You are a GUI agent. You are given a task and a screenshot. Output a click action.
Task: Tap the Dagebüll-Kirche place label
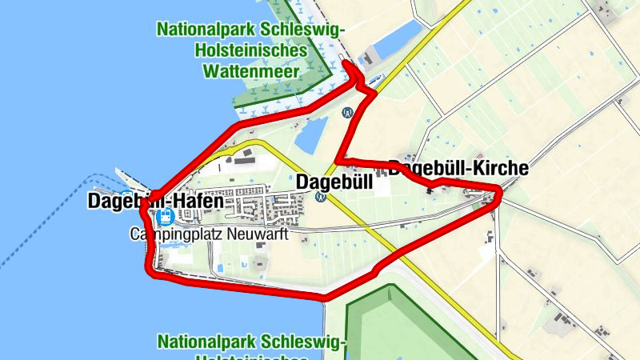(458, 169)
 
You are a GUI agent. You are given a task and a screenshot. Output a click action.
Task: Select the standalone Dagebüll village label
(334, 182)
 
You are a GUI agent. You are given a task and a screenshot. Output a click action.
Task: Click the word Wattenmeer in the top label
(251, 70)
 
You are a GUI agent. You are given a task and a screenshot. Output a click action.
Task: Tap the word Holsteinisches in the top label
(251, 50)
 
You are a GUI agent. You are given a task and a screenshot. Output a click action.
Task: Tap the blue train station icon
(165, 217)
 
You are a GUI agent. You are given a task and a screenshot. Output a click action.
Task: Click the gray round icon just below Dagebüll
(321, 197)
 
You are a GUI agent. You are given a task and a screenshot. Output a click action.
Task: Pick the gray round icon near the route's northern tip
(346, 113)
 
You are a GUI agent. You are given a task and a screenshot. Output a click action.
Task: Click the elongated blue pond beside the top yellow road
(397, 40)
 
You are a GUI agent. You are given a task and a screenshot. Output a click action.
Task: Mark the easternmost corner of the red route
(500, 190)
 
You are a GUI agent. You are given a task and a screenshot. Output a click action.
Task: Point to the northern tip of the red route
(351, 65)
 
